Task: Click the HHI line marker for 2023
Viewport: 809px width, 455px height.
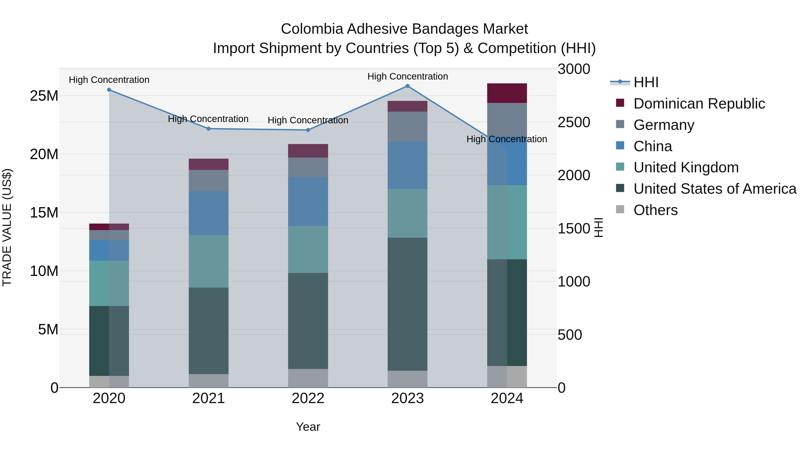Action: tap(407, 86)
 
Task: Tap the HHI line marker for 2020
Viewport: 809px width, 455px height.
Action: tap(109, 90)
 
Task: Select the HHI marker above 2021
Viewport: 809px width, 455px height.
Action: tap(209, 129)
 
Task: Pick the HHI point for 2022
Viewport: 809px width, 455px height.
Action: tap(308, 130)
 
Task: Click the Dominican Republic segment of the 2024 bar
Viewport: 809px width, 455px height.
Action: tap(507, 93)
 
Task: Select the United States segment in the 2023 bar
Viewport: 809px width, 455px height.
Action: tap(407, 304)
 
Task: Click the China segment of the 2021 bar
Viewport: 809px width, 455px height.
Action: tap(209, 213)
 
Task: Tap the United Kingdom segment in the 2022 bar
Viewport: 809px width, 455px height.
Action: tap(308, 249)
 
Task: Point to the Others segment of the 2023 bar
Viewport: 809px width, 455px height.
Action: tap(407, 379)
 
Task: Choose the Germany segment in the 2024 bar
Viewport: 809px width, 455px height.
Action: tap(507, 119)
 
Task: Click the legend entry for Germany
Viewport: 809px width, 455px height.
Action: tap(664, 125)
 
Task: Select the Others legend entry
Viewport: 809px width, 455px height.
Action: tap(656, 210)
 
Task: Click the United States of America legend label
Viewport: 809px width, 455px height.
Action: tap(715, 189)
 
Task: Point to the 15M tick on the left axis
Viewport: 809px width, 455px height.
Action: tap(44, 213)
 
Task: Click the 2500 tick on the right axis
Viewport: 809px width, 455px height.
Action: tap(574, 122)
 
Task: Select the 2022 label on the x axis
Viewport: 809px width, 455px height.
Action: tap(308, 398)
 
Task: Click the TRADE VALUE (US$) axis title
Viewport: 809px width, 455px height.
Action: tap(7, 227)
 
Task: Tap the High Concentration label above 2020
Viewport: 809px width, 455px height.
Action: tap(109, 80)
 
